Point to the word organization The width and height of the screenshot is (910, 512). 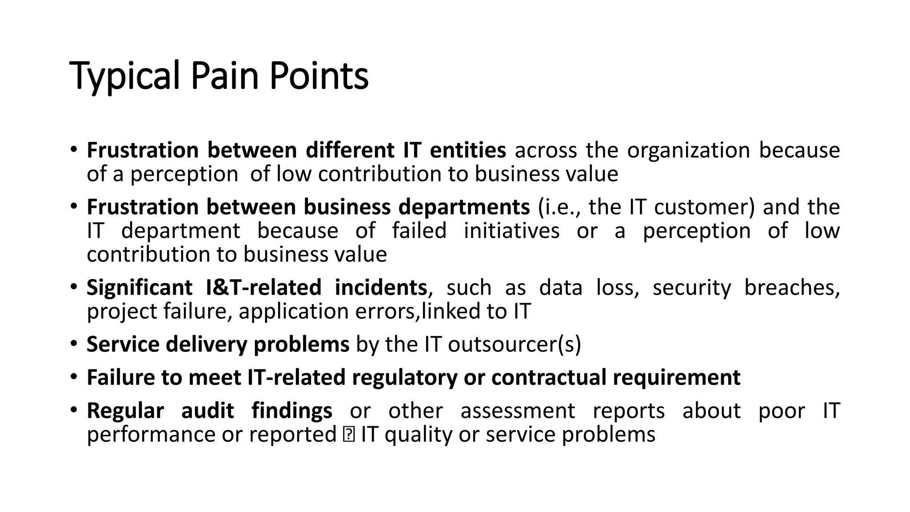pyautogui.click(x=688, y=150)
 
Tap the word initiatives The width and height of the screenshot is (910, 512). pyautogui.click(x=511, y=231)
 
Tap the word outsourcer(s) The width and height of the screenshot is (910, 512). pyautogui.click(x=514, y=344)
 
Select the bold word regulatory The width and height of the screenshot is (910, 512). pyautogui.click(x=404, y=377)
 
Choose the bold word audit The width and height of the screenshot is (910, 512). pyautogui.click(x=208, y=411)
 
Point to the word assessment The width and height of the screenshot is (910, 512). pyautogui.click(x=518, y=411)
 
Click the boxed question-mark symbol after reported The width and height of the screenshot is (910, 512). pyautogui.click(x=349, y=434)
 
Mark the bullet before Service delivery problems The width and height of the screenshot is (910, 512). pyautogui.click(x=73, y=344)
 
